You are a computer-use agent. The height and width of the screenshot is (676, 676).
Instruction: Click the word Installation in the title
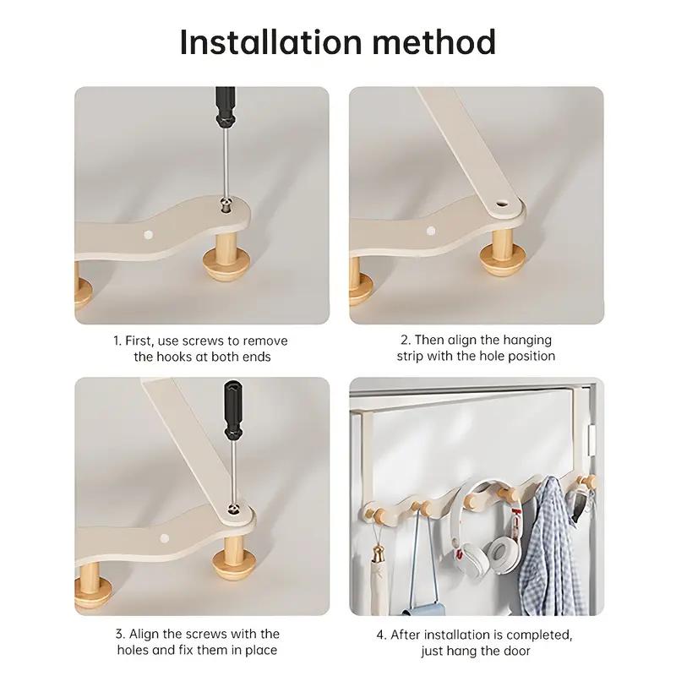tap(270, 42)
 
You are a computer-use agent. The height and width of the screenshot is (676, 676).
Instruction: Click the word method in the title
tap(434, 42)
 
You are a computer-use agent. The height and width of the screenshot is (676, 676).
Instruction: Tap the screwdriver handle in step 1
tap(225, 107)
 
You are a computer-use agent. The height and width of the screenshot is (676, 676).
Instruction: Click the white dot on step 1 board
tap(149, 235)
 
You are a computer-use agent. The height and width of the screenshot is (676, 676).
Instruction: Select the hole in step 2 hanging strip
tap(500, 202)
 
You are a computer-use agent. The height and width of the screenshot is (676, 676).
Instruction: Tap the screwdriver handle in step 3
tap(232, 410)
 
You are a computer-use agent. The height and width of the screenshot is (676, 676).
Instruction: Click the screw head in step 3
tap(234, 509)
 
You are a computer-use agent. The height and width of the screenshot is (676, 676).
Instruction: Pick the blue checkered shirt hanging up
tap(546, 548)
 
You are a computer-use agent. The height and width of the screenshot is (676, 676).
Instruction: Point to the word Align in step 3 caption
tap(144, 635)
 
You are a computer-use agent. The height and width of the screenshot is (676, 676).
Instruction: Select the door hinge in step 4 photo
tap(591, 441)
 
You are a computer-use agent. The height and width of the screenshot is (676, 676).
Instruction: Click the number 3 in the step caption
tap(119, 635)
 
